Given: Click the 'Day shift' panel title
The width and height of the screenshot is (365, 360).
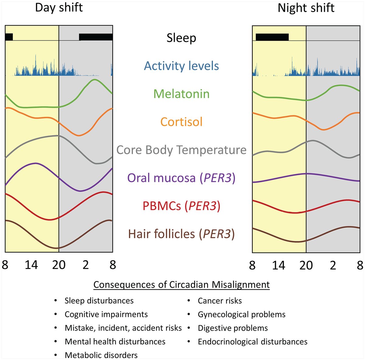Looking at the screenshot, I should (x=59, y=8).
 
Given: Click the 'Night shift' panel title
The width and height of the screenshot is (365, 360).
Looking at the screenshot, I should (x=306, y=8).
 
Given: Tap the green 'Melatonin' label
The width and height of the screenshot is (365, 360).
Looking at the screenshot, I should (x=181, y=94).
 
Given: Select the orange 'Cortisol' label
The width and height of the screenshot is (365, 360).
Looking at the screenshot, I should (x=181, y=122).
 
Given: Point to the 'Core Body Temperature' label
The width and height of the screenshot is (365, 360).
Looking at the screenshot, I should (x=181, y=150).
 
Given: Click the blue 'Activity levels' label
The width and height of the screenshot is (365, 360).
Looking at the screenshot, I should (x=181, y=66).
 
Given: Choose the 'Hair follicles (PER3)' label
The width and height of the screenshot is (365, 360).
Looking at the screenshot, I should (x=181, y=234).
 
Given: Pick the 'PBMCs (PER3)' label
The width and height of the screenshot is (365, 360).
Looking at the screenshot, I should (x=181, y=206).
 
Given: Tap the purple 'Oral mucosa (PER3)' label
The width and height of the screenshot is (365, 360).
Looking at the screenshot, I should (x=181, y=178).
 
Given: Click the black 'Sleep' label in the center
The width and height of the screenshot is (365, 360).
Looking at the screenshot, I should (x=181, y=38).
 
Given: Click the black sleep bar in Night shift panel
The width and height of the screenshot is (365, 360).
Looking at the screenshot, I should (x=272, y=37).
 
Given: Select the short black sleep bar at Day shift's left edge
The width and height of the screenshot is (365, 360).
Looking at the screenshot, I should (x=9, y=37).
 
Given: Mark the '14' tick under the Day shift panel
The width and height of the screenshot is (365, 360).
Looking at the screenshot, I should (x=31, y=265).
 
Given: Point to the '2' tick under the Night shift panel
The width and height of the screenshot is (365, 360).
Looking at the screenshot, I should (x=333, y=265).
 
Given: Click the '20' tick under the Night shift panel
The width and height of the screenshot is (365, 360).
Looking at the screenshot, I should (x=306, y=265).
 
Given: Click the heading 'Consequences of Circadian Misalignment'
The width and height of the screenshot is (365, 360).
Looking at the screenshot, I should (x=181, y=285).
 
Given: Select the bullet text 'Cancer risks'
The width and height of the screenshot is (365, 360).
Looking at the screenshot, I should (x=220, y=301).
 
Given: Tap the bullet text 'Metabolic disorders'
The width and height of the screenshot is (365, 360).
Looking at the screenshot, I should (x=101, y=355).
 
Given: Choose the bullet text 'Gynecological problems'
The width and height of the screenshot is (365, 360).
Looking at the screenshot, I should (x=242, y=314).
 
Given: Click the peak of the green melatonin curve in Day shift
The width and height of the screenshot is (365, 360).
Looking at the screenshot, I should (x=95, y=80).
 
